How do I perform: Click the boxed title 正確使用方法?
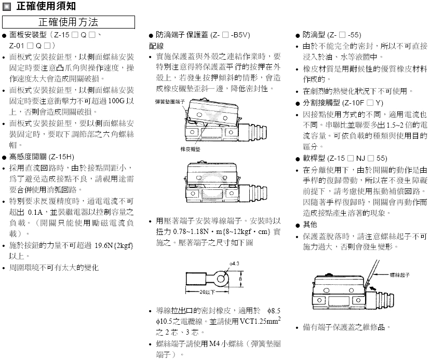tap(69, 22)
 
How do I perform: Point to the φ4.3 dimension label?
tap(233, 264)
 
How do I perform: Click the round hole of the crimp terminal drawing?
tap(222, 280)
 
